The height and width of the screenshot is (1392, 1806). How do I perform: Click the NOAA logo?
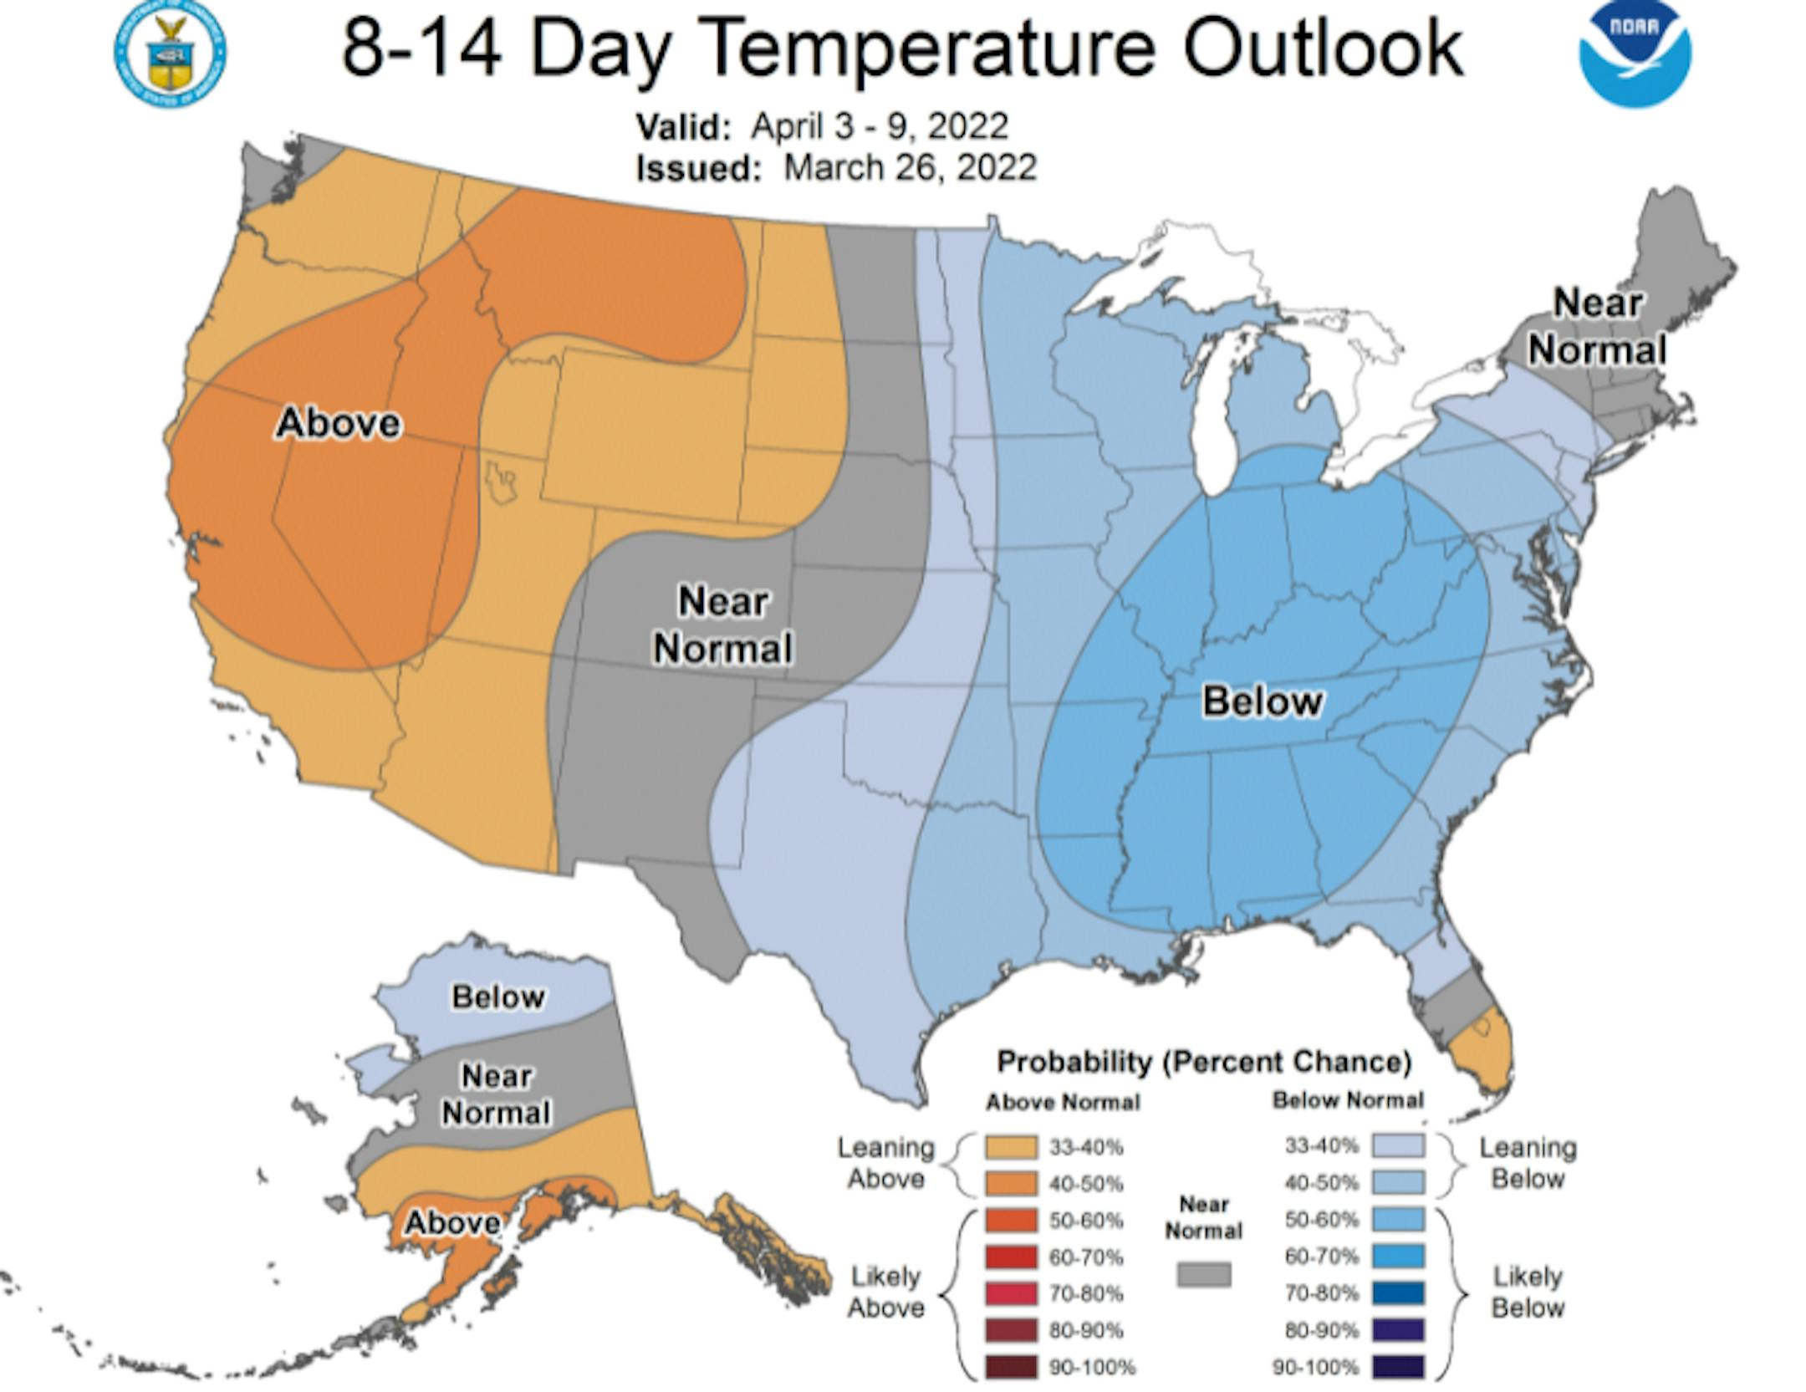tap(1635, 54)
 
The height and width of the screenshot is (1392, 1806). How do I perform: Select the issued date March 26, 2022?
tap(910, 167)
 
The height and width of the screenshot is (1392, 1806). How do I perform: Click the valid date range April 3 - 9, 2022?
tap(880, 126)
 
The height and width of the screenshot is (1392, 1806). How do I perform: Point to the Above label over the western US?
tap(339, 423)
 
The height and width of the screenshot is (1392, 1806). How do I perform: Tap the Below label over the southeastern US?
tap(1262, 701)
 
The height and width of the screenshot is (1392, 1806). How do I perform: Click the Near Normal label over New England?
tap(1597, 326)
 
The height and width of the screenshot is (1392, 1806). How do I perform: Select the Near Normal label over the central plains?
tap(722, 625)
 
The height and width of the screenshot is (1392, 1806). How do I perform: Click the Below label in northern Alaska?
tap(498, 997)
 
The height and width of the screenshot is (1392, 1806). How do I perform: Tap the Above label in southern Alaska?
tap(452, 1223)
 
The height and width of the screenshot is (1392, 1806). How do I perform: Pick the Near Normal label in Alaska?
tap(496, 1094)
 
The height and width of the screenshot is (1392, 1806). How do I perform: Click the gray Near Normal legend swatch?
tap(1204, 1274)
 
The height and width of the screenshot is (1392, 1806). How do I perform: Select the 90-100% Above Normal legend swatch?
tap(1012, 1367)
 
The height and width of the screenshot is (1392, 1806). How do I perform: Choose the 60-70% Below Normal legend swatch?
tap(1398, 1256)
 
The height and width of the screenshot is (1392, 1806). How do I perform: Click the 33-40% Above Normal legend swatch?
tap(1012, 1147)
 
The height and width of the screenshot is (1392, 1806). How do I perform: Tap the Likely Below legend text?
tap(1528, 1292)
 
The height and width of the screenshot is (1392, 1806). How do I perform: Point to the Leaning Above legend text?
tap(886, 1163)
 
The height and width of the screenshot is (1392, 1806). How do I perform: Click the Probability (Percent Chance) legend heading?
tap(1204, 1062)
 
